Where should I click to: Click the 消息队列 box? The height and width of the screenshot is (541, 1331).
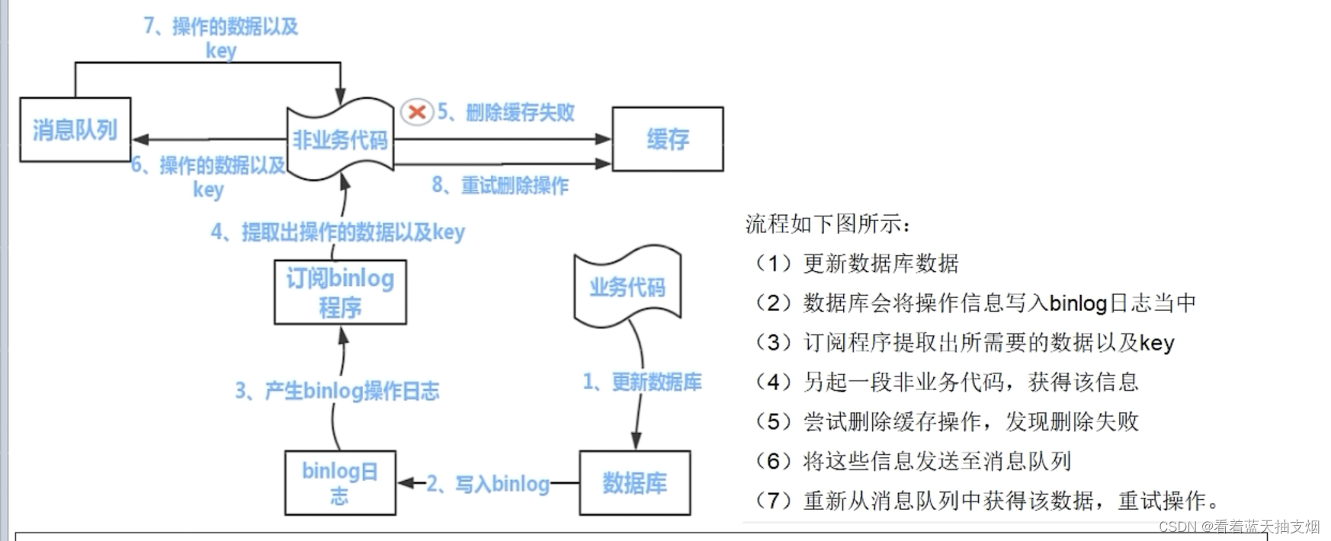tap(75, 130)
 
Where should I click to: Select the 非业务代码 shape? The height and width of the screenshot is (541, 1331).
tap(340, 139)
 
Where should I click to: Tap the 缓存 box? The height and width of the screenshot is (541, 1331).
tap(668, 139)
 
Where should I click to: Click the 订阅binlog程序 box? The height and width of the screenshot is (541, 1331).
tap(340, 293)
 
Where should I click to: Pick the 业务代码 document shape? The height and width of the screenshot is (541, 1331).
tap(627, 287)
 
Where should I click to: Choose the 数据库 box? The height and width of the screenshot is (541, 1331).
tap(634, 482)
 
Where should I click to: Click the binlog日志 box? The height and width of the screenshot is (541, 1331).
tap(340, 483)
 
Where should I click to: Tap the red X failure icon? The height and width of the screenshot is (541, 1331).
tap(416, 113)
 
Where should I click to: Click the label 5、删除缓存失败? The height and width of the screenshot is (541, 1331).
tap(506, 113)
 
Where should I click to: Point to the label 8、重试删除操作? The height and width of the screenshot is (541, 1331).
tap(500, 185)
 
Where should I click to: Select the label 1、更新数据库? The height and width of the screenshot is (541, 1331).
tap(642, 382)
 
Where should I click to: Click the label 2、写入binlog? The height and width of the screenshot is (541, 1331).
tap(488, 484)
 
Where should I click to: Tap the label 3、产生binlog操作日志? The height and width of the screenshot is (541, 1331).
tap(337, 391)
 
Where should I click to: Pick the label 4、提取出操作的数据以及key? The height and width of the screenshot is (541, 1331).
tap(338, 232)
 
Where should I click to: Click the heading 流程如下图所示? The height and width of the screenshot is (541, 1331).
tap(828, 224)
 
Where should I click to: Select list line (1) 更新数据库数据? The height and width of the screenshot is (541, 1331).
tap(855, 264)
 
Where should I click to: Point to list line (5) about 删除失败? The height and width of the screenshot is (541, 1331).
tap(945, 421)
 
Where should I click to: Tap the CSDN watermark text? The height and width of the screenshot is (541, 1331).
tap(1239, 527)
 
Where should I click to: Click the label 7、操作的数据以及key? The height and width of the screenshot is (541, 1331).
tap(221, 38)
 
